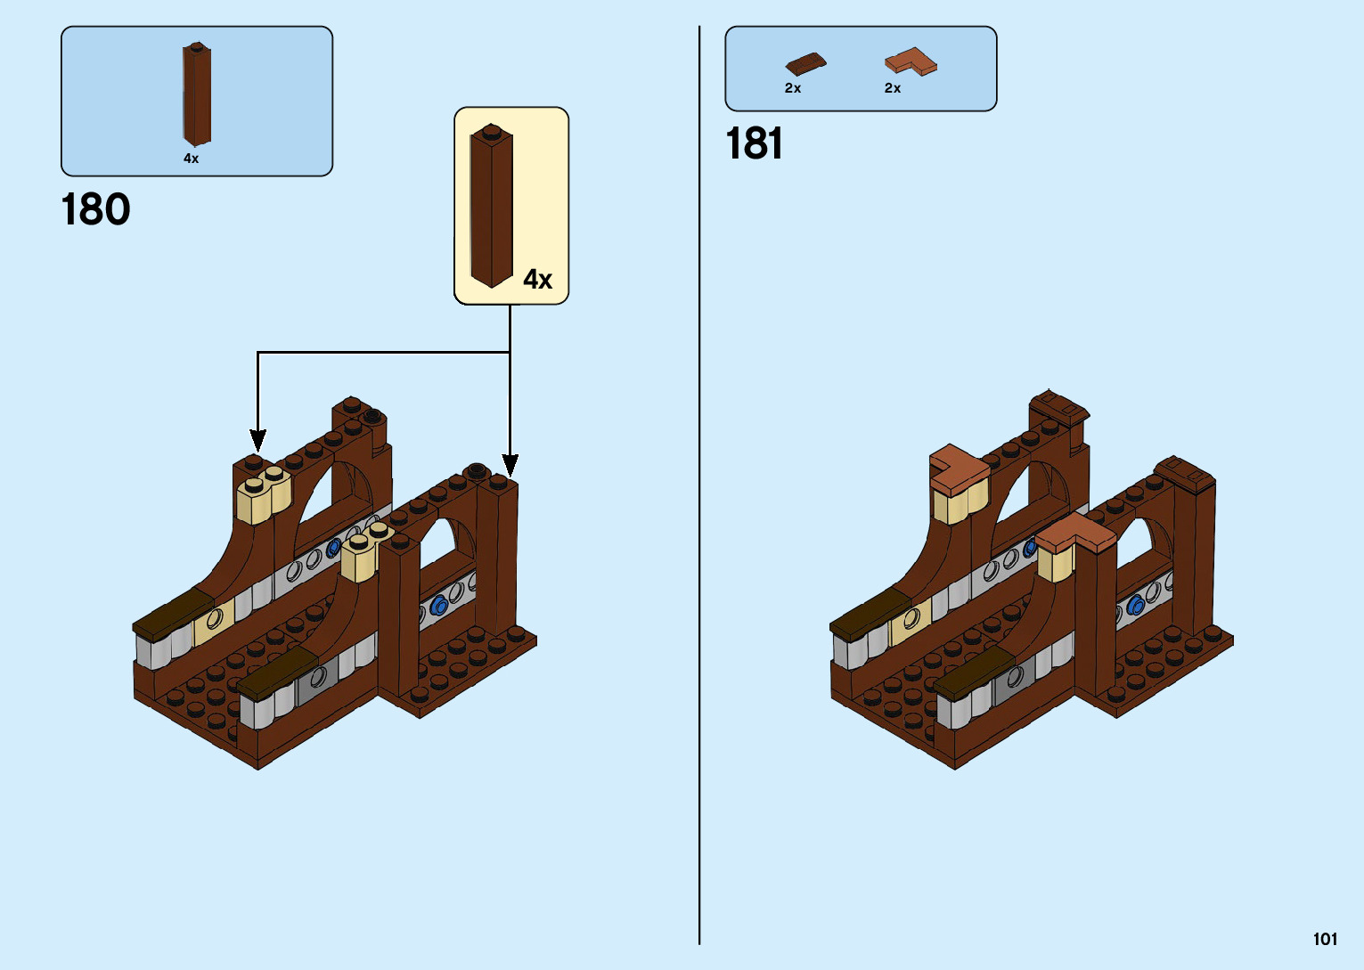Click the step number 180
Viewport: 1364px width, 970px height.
(x=95, y=210)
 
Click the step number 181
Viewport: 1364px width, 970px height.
(x=754, y=143)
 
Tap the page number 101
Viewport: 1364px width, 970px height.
(x=1325, y=939)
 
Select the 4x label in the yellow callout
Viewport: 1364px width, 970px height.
(x=537, y=280)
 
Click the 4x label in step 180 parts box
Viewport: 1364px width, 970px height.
(x=191, y=159)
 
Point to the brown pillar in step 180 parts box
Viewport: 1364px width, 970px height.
(x=196, y=94)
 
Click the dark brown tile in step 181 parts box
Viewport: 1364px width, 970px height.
(x=805, y=63)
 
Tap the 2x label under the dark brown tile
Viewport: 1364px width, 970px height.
(x=793, y=88)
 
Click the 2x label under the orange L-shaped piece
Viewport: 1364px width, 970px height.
(x=893, y=88)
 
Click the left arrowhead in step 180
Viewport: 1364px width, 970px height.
(x=257, y=440)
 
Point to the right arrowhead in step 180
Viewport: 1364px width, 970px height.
(x=510, y=465)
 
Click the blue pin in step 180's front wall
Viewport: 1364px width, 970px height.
(x=438, y=606)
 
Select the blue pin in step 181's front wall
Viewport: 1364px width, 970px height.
(x=1135, y=606)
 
